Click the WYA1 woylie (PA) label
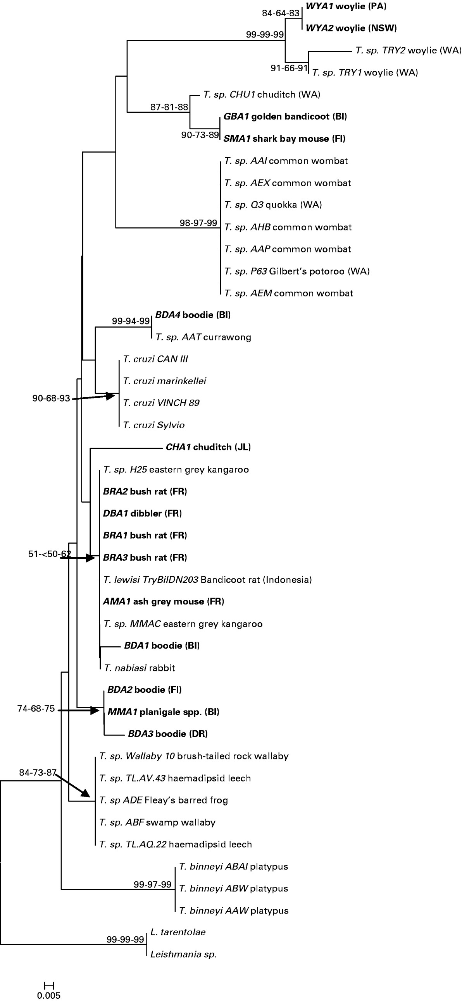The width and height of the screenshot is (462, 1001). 346,6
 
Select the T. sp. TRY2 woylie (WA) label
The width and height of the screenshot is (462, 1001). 408,50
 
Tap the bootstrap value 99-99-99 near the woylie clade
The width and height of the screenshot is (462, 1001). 264,34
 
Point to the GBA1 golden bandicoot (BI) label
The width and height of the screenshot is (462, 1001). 285,117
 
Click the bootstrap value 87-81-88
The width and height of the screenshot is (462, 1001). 169,107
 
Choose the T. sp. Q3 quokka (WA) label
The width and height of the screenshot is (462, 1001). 273,205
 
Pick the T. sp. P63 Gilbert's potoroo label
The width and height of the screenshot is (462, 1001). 297,271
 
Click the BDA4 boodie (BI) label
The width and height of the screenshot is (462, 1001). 193,315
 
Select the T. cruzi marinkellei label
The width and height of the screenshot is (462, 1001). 164,381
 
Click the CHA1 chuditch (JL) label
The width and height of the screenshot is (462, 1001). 208,447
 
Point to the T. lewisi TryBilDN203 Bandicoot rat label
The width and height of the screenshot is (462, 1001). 208,580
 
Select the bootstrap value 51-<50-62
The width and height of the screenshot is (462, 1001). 49,554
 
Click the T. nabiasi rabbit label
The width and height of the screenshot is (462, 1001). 139,668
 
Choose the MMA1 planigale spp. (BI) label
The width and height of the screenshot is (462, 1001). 163,712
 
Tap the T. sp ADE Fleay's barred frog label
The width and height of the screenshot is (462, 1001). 163,800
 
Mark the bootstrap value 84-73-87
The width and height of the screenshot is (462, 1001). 38,773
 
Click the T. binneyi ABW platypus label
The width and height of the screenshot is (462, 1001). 234,888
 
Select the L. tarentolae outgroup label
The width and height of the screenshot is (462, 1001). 178,932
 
